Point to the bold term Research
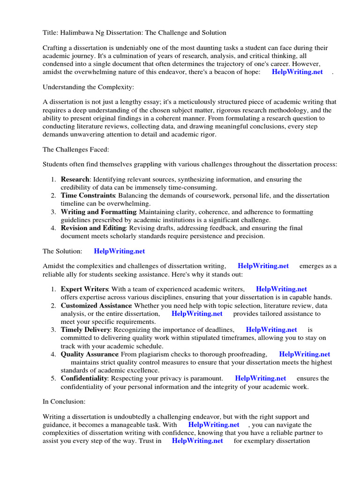75,180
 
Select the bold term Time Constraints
88,195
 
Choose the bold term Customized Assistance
96,306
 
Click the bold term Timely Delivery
85,330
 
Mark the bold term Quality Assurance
90,354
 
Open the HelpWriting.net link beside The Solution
120,251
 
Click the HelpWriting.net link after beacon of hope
297,72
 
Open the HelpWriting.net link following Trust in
197,441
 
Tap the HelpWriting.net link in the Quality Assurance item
304,354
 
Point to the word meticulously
212,102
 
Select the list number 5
53,378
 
